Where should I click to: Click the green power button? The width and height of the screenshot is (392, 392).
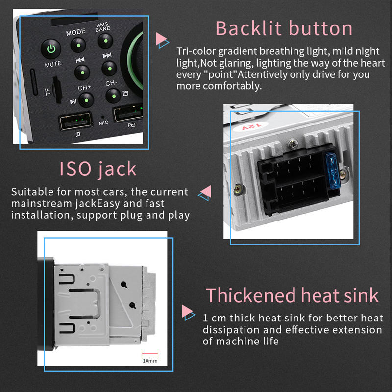(51, 49)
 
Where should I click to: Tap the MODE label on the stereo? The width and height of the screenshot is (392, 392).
(76, 32)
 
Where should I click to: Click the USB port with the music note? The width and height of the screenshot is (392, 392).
(76, 121)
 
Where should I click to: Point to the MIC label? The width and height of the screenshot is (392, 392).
(103, 123)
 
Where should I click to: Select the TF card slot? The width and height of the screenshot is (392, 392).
(57, 90)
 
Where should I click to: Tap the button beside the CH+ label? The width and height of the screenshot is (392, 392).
(86, 100)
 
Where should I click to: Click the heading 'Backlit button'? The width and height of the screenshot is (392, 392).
(284, 28)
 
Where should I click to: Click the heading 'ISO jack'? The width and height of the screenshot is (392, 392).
(98, 169)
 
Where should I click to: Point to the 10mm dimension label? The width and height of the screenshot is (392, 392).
(150, 361)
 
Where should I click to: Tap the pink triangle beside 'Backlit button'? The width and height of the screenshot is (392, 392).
(161, 39)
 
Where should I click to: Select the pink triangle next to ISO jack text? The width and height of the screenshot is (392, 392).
(206, 191)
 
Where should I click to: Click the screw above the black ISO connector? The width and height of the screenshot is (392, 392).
(293, 144)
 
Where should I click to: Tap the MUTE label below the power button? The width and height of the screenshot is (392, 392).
(53, 64)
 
